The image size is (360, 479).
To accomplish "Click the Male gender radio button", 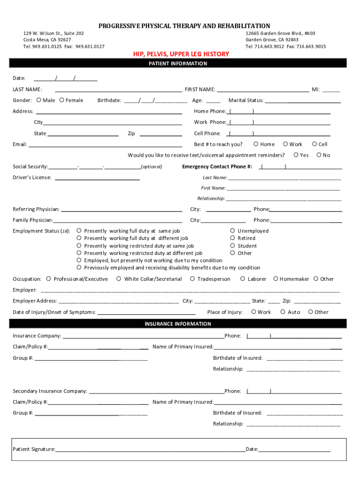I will point(38,100).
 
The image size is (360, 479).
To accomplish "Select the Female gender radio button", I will point(62,100).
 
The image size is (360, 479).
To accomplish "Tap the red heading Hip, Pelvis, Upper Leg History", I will point(181,54).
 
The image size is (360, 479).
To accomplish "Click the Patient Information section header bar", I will point(178,64).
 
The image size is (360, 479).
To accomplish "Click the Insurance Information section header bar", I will point(178,324).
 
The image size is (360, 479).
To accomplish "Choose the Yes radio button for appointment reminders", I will point(296,155).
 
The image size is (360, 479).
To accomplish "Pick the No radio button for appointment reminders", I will point(319,155).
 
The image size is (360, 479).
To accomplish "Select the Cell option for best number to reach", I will point(315,144).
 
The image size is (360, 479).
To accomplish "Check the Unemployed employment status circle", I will point(232,231).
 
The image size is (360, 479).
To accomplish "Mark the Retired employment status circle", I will point(232,238).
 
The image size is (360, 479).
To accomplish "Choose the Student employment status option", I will point(232,246).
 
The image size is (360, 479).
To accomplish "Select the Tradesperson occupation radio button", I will point(192,279).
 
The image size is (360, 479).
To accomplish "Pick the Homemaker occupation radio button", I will point(275,279).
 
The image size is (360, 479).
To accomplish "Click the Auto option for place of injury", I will point(283,312).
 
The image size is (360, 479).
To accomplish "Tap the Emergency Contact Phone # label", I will point(217,167).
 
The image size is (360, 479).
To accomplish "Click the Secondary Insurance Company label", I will point(50,391).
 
